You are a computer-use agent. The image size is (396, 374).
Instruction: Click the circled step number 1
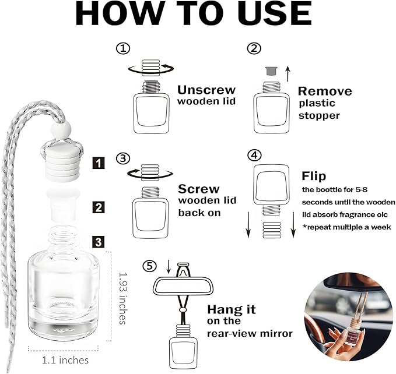pos(123,48)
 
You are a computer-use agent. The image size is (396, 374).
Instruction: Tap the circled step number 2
pos(254,48)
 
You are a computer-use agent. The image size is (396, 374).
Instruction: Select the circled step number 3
pos(123,158)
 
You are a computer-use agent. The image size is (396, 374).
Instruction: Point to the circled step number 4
pos(254,155)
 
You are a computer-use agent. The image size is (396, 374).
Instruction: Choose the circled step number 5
pos(149,266)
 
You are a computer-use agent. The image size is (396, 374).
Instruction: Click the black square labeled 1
pos(98,163)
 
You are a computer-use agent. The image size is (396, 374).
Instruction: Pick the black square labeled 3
pos(98,242)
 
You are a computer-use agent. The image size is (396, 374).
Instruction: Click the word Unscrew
pos(206,90)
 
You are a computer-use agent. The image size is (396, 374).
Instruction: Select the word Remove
pos(325,91)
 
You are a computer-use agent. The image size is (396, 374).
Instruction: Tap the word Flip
pos(314,176)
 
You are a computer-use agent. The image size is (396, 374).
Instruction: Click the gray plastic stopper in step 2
pos(271,71)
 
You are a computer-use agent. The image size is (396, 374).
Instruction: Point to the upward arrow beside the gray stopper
pos(288,74)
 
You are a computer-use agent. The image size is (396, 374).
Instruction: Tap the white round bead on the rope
pos(61,130)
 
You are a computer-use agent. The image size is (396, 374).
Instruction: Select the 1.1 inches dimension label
pos(65,360)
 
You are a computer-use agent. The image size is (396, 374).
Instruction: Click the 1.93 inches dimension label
pos(122,298)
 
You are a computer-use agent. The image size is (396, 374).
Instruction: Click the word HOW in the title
pos(120,13)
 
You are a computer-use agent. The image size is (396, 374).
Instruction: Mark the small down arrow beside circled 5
pos(169,267)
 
